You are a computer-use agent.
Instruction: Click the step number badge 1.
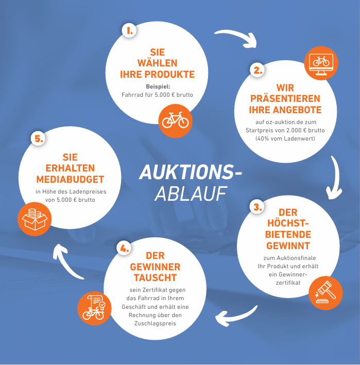click(x=129, y=30)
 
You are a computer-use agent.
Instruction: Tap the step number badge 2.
click(x=258, y=70)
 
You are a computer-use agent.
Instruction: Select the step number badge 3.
click(x=257, y=207)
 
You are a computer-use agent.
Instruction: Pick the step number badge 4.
click(x=124, y=248)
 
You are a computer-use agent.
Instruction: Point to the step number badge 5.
click(x=39, y=138)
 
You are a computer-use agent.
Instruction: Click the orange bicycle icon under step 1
click(x=175, y=121)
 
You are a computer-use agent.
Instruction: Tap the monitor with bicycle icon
click(x=321, y=63)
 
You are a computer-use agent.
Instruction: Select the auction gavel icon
click(x=325, y=293)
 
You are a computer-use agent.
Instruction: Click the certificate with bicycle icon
click(x=94, y=308)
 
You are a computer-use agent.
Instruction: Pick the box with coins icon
click(x=35, y=219)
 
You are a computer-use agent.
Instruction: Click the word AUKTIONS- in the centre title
click(x=191, y=172)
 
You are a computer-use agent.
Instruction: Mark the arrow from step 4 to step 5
click(x=65, y=263)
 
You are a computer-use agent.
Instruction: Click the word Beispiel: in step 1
click(x=158, y=86)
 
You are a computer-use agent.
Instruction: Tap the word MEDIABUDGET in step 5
click(x=70, y=180)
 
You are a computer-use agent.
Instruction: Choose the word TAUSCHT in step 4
click(x=155, y=277)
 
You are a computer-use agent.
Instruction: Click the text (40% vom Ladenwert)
click(x=285, y=138)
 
